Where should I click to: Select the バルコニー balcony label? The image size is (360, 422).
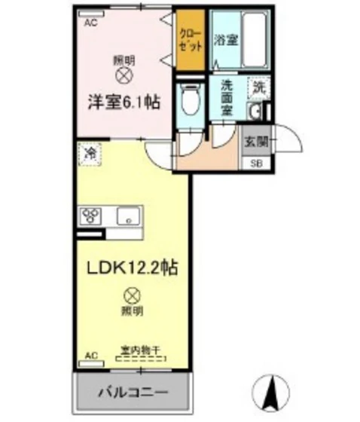132,393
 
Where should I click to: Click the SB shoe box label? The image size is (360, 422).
255,162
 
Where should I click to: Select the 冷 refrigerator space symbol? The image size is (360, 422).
90,154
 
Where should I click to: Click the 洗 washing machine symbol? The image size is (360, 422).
258,87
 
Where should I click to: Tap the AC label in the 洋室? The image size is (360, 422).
91,23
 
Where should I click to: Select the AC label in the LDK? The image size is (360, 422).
91,354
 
